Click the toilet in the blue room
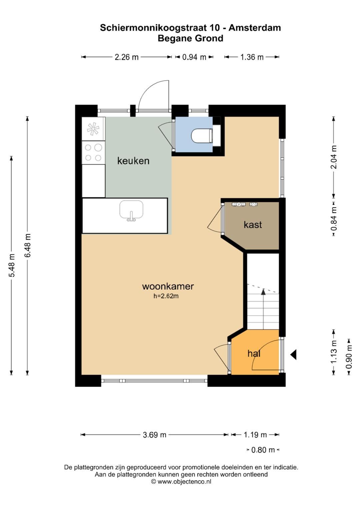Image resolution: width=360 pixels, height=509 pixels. tap(202, 136)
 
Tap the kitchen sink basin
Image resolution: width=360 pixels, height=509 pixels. tap(131, 209)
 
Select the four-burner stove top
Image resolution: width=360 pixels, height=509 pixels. tap(93, 152)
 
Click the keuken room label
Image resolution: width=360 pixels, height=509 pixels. tap(133, 161)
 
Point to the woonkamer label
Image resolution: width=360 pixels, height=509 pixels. tap(168, 286)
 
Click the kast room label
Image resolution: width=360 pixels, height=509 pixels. tap(253, 225)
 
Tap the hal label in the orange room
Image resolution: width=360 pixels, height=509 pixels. tap(254, 354)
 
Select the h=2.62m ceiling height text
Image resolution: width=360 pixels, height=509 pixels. tap(166, 296)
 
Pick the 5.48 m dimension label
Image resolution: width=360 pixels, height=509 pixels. tap(11, 265)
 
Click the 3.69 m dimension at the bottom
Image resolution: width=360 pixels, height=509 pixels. tap(155, 435)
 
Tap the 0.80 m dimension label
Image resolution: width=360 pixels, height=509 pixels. tap(263, 450)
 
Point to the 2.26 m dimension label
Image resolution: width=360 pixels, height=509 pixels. tap(127, 57)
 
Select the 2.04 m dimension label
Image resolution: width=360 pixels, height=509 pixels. tap(334, 157)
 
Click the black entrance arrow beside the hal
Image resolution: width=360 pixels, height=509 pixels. tap(293, 354)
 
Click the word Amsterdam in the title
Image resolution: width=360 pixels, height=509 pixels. tap(255, 28)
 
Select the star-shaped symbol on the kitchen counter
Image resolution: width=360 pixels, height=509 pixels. tap(93, 129)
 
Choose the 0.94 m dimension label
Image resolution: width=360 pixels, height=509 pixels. tap(194, 57)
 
